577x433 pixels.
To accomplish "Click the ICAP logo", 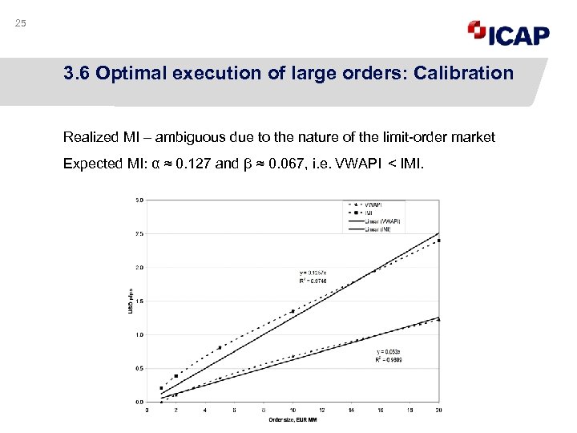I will (509, 34).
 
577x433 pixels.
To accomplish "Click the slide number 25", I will (21, 23).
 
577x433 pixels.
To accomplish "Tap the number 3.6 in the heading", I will (78, 74).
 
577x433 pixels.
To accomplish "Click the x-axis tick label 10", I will (293, 410).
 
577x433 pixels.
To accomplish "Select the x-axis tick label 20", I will (438, 410).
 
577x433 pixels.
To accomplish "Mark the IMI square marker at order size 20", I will (438, 240).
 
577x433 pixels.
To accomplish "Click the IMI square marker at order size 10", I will (293, 311).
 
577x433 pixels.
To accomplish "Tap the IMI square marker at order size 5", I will (220, 348).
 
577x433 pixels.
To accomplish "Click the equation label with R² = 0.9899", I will (393, 356).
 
